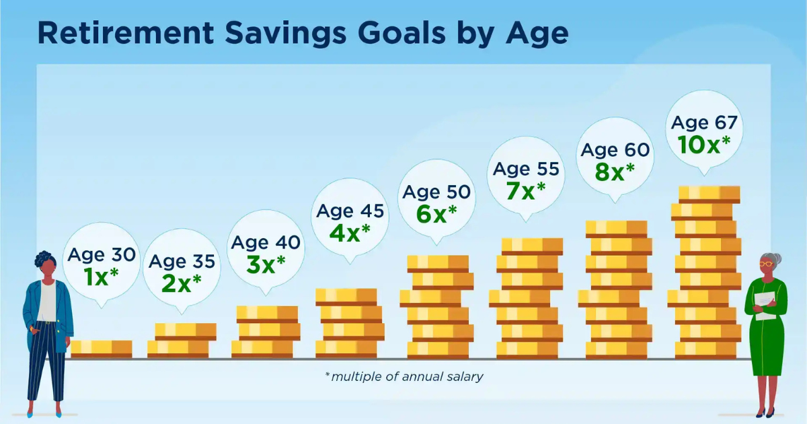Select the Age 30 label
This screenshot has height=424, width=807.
tap(101, 254)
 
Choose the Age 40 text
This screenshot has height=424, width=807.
tap(266, 242)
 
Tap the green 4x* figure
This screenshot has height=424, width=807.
tap(350, 233)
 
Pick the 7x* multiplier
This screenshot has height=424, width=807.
tap(525, 191)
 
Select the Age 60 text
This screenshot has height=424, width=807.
tap(615, 149)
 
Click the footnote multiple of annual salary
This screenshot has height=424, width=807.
tap(403, 377)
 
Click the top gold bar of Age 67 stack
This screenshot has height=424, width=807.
tap(709, 194)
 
